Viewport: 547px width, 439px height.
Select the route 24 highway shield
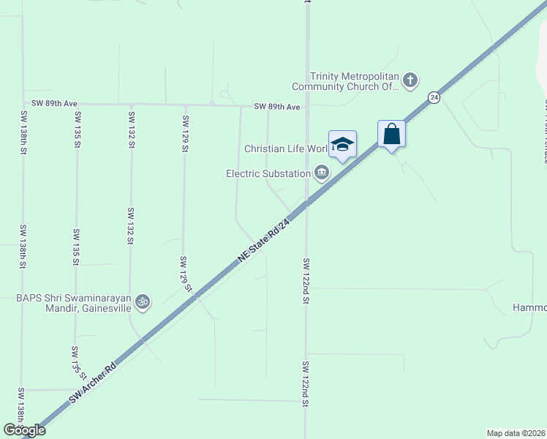[x=434, y=97]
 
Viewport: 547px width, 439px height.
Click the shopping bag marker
[x=392, y=135]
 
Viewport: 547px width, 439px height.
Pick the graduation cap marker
[x=342, y=144]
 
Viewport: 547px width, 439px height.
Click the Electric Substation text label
[x=268, y=173]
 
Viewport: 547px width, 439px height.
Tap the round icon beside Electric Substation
[x=321, y=173]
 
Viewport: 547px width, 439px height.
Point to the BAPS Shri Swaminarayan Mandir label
[x=74, y=302]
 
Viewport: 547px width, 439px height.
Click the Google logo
[x=24, y=430]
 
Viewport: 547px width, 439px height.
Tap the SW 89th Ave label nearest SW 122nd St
[x=277, y=107]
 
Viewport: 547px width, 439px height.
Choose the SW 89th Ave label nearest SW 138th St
[x=54, y=104]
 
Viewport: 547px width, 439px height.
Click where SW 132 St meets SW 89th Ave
[x=130, y=105]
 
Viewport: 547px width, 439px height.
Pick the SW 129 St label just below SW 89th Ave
[x=185, y=134]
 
